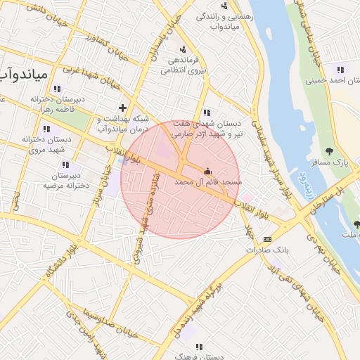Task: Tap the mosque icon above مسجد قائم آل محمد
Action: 207,171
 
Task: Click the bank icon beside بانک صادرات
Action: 266,240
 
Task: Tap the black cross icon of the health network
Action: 123,108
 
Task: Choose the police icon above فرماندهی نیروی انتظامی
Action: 183,49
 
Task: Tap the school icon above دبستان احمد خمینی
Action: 340,70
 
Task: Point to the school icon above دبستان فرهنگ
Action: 199,346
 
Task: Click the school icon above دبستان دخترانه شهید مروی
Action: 46,129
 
